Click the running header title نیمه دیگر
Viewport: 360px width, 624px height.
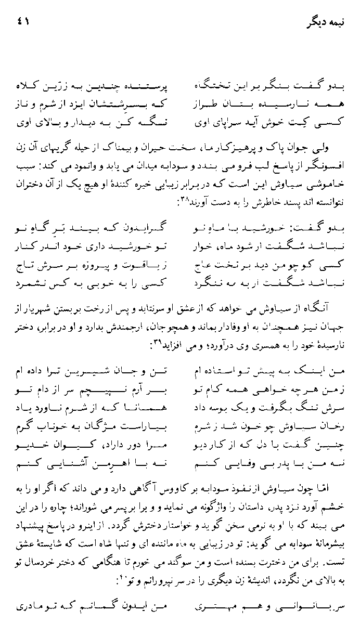coord(324,23)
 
